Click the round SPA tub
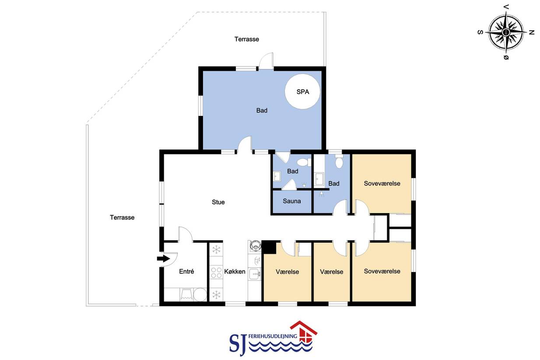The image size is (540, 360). click(x=302, y=91)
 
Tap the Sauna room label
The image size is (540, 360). click(x=292, y=201)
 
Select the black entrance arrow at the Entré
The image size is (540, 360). click(x=164, y=259)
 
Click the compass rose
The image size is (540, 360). click(x=506, y=32)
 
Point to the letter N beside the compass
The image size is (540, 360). click(x=532, y=32)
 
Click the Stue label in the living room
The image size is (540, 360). click(x=218, y=202)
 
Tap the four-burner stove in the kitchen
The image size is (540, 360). click(x=216, y=273)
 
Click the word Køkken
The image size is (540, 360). click(x=235, y=272)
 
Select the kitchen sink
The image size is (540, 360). click(x=255, y=274)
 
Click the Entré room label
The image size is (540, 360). click(x=186, y=271)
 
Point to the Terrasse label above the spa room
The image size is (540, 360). click(x=247, y=39)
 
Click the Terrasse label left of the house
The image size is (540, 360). click(x=122, y=217)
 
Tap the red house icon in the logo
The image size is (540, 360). click(x=304, y=332)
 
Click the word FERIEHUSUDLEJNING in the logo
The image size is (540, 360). click(x=273, y=336)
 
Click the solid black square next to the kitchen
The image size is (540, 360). click(x=269, y=247)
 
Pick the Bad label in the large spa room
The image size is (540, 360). click(x=262, y=110)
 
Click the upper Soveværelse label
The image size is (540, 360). click(x=382, y=183)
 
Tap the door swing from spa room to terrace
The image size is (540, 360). click(x=266, y=61)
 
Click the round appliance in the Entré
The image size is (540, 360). click(x=200, y=294)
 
